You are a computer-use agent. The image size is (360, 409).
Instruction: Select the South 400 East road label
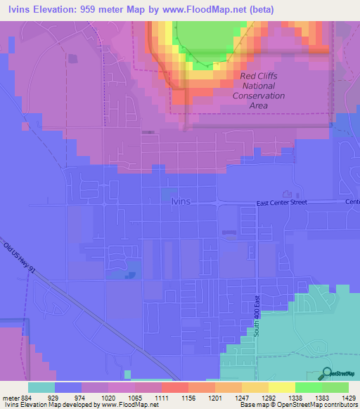tap(257, 315)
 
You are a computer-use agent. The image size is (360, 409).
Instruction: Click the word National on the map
tap(259, 85)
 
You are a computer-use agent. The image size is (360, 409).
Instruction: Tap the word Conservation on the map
tap(259, 96)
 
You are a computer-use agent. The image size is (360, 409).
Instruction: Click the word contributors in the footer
tap(340, 405)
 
